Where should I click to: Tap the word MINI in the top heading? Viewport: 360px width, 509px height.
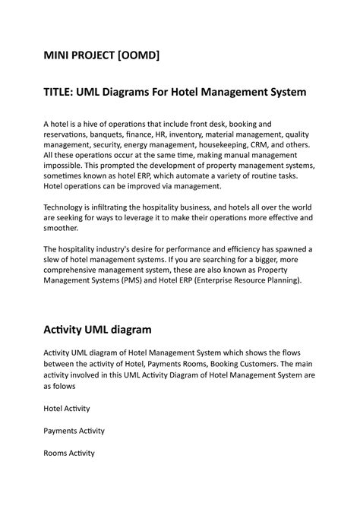pyautogui.click(x=58, y=55)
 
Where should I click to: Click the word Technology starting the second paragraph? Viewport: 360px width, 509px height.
pyautogui.click(x=68, y=204)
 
